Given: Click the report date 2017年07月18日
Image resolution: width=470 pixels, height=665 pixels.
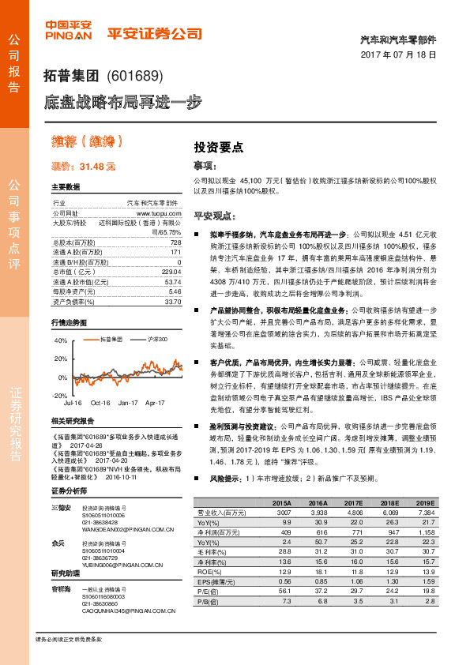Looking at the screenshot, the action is point(404,54).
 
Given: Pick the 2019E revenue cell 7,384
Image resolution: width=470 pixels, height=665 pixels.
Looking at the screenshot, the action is point(423,512).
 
